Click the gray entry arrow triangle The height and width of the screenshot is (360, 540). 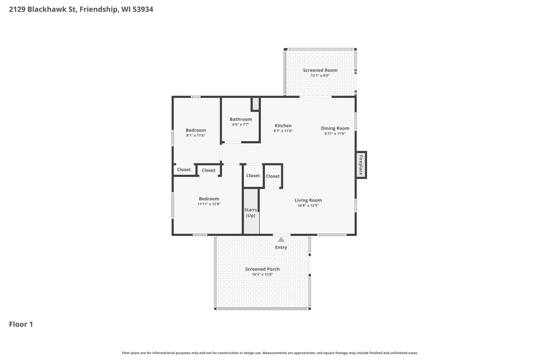281,239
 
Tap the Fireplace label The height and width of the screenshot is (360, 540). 361,165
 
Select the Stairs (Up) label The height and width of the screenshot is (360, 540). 250,213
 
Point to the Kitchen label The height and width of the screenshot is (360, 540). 283,126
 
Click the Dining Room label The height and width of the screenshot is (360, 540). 335,128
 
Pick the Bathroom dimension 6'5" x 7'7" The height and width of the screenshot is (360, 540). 241,124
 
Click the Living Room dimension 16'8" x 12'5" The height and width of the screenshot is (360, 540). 308,205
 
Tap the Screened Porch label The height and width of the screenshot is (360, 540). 262,269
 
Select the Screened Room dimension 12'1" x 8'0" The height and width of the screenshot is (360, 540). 320,75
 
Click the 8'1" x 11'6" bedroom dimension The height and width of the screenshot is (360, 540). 196,136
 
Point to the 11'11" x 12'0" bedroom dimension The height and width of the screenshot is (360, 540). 209,204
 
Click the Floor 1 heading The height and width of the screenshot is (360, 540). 21,324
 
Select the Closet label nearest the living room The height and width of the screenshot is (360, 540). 273,176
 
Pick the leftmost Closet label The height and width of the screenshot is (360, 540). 184,170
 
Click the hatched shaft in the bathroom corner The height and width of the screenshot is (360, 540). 255,104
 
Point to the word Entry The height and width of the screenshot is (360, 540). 281,247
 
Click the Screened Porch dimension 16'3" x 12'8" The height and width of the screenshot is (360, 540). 262,274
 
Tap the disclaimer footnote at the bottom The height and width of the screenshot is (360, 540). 270,353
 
